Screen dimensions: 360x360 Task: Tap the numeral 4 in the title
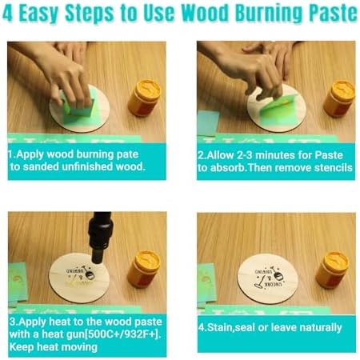click(x=7, y=13)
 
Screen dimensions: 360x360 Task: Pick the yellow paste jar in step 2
click(x=339, y=98)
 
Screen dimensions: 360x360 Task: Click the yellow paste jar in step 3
click(x=145, y=270)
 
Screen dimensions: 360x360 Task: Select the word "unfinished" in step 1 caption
click(x=87, y=166)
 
